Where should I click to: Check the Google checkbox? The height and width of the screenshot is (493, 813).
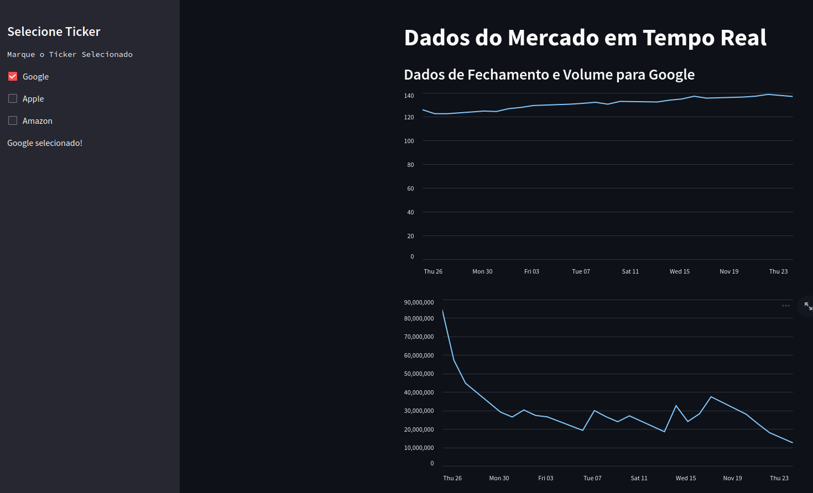(13, 76)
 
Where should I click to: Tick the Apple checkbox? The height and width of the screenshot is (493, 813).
(13, 98)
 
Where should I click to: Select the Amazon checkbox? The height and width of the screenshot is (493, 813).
(13, 120)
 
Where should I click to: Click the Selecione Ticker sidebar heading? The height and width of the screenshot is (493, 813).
(54, 32)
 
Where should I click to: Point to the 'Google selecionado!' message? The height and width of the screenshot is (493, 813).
(45, 143)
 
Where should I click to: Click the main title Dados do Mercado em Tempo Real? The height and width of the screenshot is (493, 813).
(585, 38)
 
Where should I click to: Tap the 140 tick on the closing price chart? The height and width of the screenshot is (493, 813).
(409, 96)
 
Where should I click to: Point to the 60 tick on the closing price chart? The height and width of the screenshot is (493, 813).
(410, 188)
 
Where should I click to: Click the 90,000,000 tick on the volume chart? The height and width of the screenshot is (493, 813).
(419, 302)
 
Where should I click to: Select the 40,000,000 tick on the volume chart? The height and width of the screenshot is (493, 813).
(419, 392)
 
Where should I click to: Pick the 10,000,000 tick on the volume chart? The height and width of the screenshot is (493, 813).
(419, 448)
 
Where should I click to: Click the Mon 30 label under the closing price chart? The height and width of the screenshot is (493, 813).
(482, 271)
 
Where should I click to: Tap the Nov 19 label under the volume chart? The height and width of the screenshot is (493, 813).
(732, 478)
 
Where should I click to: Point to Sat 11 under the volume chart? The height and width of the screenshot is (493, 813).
(639, 478)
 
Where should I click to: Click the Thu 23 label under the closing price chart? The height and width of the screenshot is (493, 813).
(778, 271)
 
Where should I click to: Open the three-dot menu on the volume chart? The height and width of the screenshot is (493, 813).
(786, 306)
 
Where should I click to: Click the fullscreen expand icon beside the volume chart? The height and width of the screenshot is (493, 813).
(808, 306)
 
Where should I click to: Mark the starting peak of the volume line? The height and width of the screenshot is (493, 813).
(443, 311)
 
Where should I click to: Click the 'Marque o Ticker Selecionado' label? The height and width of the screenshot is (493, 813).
(70, 54)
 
